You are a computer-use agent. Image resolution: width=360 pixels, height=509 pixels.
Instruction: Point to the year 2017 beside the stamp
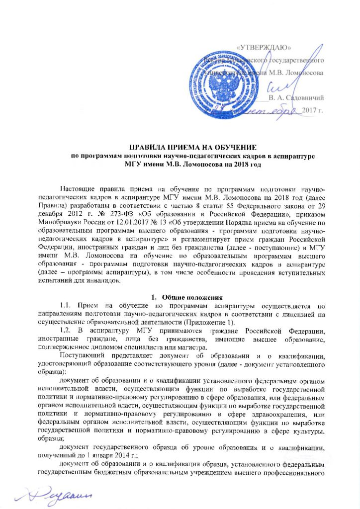pyautogui.click(x=313, y=109)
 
